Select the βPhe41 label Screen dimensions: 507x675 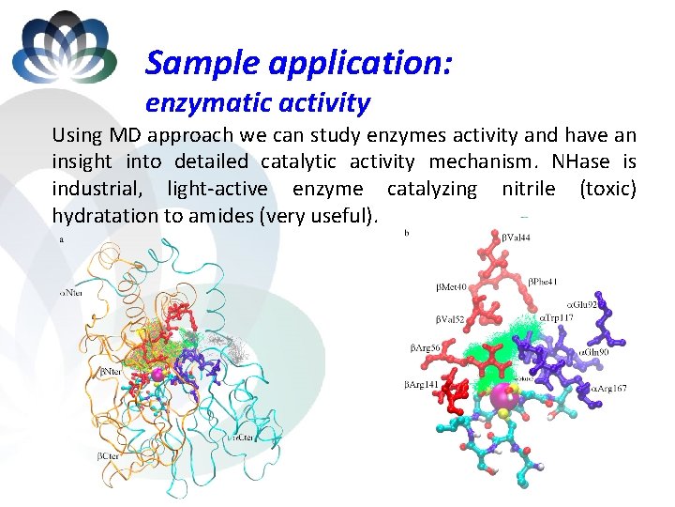(543, 281)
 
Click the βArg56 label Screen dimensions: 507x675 (426, 348)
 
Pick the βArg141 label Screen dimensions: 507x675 (422, 384)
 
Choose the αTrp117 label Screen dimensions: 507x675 (557, 318)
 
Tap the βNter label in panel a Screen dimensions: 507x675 (111, 372)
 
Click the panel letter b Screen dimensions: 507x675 (406, 231)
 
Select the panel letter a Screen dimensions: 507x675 (62, 239)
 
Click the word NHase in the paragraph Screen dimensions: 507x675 (592, 161)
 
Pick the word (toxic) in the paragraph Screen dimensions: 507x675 (607, 189)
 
